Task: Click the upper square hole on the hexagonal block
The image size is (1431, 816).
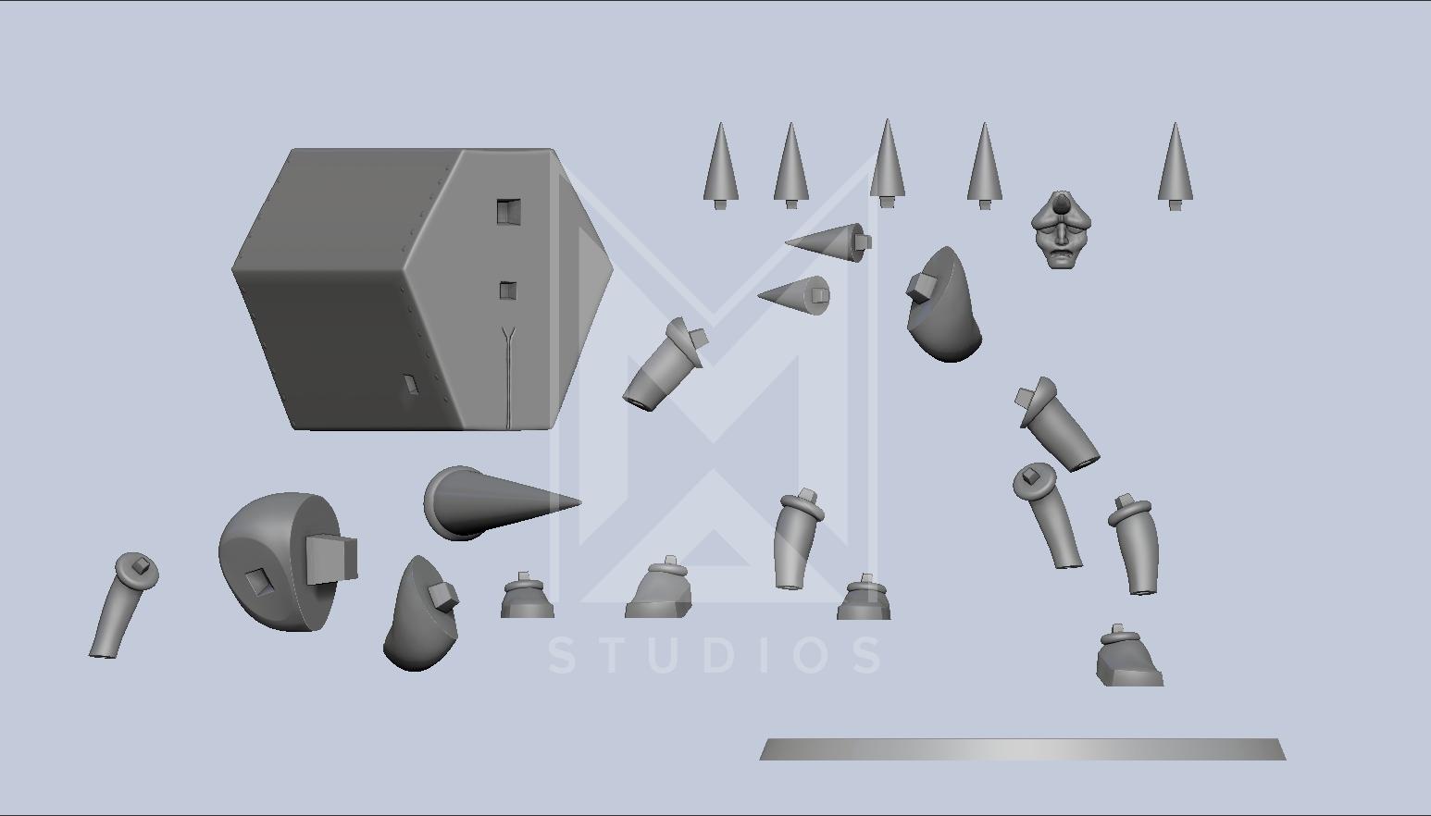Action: click(x=508, y=211)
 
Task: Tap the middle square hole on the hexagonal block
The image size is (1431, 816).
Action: click(x=508, y=291)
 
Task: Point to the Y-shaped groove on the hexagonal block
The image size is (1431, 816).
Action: click(x=508, y=377)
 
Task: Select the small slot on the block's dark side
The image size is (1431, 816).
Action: click(x=411, y=385)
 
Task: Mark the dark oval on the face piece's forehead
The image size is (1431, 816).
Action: click(x=1061, y=204)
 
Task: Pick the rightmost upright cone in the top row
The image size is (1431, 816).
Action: click(x=1176, y=166)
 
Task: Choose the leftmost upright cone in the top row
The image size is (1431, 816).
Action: click(x=721, y=166)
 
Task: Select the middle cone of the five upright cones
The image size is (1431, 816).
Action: click(x=888, y=164)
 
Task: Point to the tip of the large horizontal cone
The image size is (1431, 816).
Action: click(x=580, y=502)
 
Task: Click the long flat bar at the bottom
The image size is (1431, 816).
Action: click(x=1022, y=749)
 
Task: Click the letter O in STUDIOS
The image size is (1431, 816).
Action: click(x=814, y=655)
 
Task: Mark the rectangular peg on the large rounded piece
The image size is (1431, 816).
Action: click(x=331, y=560)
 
